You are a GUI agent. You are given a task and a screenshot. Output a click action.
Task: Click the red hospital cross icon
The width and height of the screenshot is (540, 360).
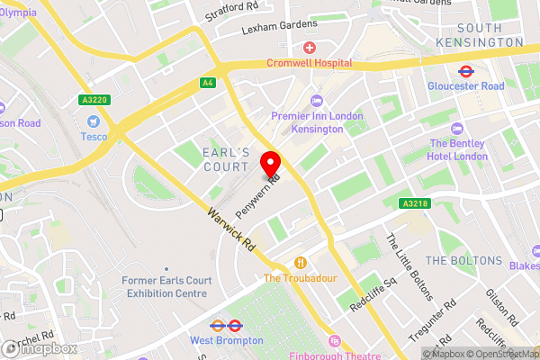310,47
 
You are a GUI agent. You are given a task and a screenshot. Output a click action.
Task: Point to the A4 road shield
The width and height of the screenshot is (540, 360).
208,83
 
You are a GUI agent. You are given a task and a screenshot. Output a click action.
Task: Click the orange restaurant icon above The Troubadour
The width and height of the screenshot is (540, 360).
300,263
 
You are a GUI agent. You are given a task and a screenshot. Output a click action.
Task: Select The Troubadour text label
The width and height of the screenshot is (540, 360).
300,278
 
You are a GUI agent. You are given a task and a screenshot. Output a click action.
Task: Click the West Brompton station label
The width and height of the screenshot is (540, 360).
227,341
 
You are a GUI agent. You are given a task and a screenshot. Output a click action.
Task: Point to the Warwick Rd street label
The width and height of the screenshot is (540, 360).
231,229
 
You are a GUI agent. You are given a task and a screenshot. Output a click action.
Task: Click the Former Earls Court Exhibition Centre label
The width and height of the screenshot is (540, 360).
165,287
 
